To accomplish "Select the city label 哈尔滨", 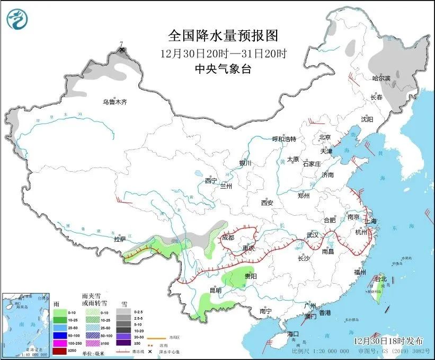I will point(380,78).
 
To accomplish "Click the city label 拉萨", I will point(120,239).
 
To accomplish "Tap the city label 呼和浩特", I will point(284,139).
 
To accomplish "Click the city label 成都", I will point(228,238).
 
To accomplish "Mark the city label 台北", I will point(381,278).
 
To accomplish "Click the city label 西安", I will point(267,203).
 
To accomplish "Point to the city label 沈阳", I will point(367,119).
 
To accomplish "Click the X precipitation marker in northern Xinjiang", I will point(122,50).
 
